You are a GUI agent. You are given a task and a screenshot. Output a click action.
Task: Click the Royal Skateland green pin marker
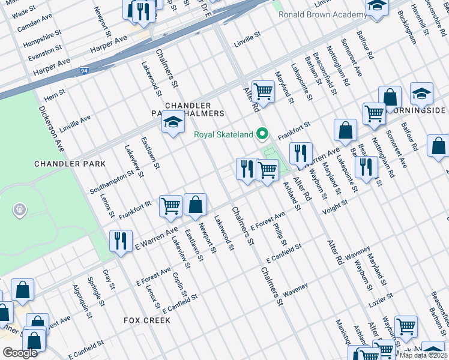pos(262,134)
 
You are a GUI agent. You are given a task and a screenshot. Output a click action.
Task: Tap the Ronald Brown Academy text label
pos(322,14)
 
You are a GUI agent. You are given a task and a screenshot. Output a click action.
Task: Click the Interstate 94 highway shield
pos(85,71)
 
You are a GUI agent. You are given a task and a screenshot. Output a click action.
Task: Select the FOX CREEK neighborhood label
pos(147,320)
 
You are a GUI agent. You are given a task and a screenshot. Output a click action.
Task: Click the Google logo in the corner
pos(20,353)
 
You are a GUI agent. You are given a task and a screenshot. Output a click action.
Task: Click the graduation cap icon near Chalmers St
pos(173,123)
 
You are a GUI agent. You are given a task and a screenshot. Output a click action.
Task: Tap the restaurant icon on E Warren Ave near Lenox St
pos(121,241)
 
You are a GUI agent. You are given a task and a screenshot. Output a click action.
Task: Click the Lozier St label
pos(381,297)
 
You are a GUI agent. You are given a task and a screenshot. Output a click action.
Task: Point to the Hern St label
pos(55,95)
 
